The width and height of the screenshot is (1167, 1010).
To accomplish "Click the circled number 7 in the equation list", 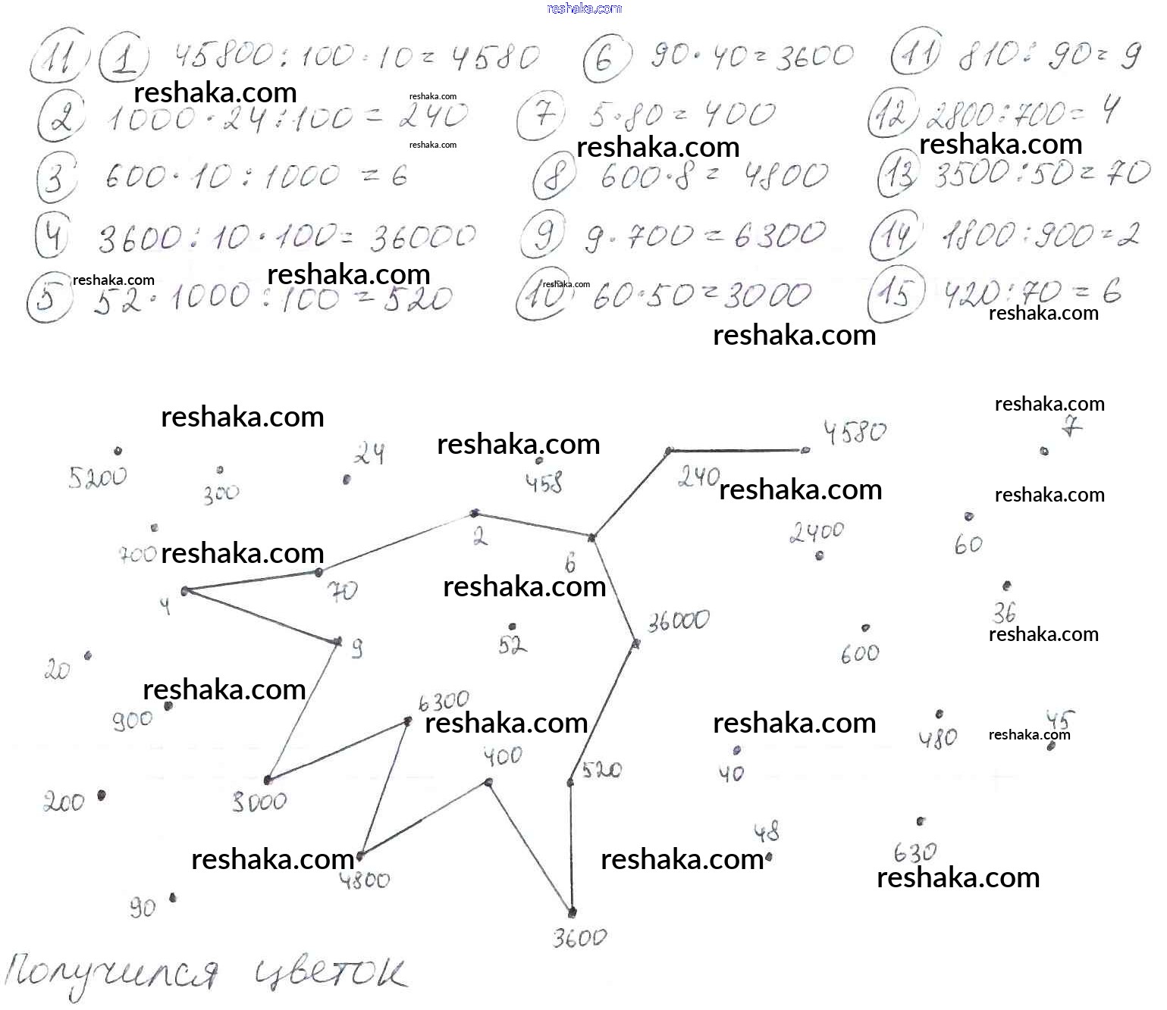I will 541,117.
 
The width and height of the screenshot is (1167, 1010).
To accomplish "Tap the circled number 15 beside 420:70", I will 896,293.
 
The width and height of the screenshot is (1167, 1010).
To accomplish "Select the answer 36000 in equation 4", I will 422,238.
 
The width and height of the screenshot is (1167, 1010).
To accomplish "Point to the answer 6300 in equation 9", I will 779,235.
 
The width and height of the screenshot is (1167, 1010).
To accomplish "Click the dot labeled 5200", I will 118,451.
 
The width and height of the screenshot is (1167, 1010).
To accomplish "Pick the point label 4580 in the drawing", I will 855,433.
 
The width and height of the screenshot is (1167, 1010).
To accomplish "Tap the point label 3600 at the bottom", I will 579,939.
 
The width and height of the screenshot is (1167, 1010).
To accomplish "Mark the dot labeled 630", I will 921,821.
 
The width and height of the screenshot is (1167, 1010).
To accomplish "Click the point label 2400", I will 816,533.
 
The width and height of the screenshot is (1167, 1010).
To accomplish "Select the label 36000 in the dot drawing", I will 678,621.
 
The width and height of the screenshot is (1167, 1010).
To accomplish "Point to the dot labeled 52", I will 513,627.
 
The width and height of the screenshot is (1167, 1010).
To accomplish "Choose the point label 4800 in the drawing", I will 365,880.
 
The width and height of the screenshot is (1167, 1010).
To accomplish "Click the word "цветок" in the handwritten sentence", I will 328,975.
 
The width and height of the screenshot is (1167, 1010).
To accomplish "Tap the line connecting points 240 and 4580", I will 736,451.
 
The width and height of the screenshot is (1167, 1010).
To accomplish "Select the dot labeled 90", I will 173,898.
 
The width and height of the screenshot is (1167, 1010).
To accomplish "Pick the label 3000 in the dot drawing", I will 259,802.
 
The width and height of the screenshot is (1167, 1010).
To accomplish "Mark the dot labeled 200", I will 101,796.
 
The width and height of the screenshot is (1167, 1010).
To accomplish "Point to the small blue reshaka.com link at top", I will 584,8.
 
